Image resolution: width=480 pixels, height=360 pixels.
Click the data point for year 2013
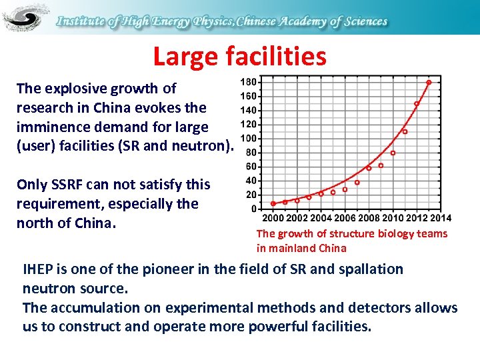point(429,83)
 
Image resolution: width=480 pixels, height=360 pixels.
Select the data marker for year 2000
point(273,204)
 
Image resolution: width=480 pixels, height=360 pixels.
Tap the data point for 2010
point(393,153)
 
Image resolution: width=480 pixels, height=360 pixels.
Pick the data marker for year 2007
point(357,183)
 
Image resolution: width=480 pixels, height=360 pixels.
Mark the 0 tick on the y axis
point(253,209)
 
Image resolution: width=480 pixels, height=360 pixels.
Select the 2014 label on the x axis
point(440,218)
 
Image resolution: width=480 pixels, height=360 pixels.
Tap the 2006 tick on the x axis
point(345,218)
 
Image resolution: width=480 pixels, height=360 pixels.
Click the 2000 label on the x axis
point(273,218)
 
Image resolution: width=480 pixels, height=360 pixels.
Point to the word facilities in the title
point(277,57)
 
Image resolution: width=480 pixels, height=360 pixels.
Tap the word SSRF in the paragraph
point(66,185)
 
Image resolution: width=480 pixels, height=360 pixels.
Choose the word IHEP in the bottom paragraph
point(41,269)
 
